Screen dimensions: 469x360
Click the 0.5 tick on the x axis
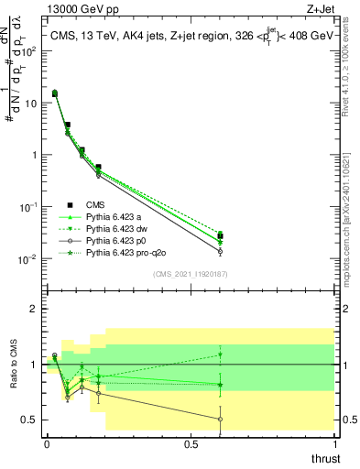click(191, 443)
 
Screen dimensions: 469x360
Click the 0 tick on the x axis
click(47, 443)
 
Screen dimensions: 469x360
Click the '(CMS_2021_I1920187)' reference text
click(190, 273)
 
